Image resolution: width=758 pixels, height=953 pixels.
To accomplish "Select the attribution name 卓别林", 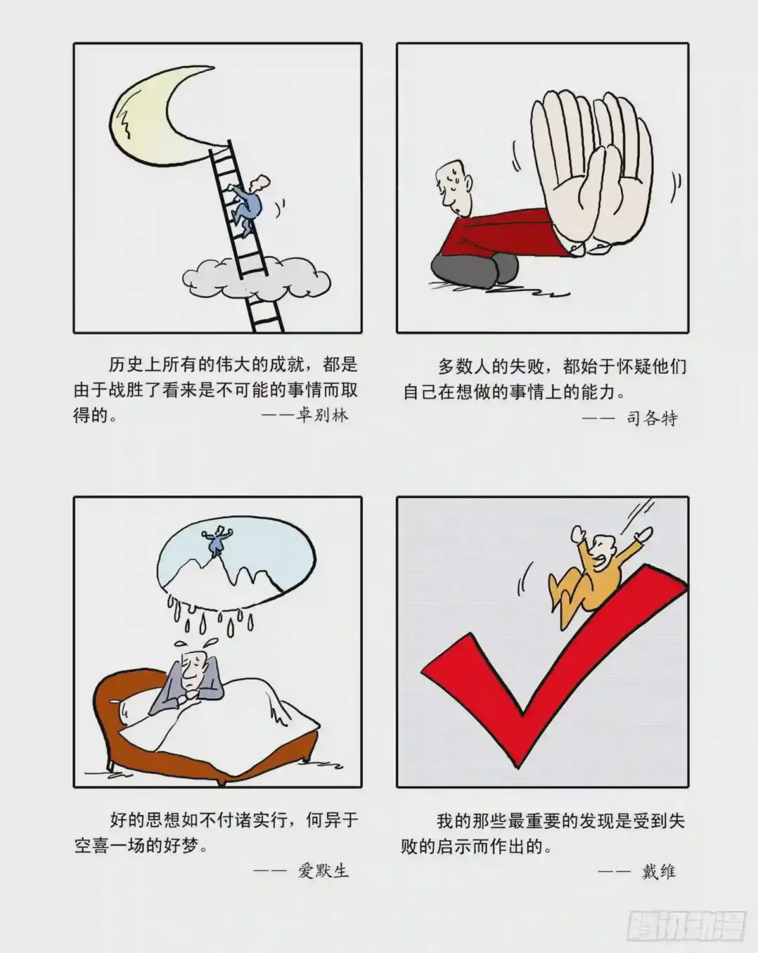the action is point(323,415).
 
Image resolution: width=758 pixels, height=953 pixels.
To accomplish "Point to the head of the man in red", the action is point(453,188).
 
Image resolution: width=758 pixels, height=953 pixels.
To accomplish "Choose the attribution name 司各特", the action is point(652,418).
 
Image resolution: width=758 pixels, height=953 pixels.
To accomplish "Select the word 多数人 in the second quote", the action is point(465,367).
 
